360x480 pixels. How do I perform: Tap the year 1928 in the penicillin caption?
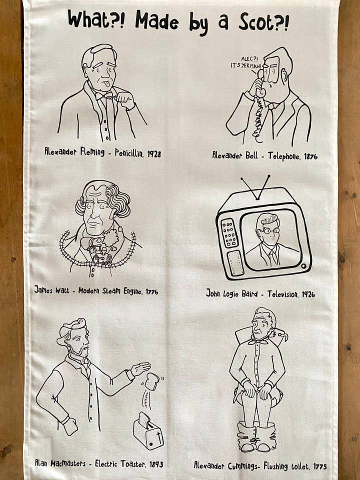[x=154, y=153]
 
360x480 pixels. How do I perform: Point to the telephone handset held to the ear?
[x=260, y=82]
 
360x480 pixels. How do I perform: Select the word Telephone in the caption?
[x=283, y=156]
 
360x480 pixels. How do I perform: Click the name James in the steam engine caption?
[x=43, y=289]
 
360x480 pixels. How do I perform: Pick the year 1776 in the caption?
[x=152, y=291]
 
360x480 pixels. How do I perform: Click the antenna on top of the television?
[x=255, y=187]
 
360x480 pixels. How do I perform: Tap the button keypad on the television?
[x=229, y=233]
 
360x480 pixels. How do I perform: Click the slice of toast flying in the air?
[x=152, y=381]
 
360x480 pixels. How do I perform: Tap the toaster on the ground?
[x=148, y=430]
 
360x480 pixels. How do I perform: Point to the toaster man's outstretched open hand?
[x=141, y=368]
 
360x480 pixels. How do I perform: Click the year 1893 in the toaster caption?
[x=156, y=464]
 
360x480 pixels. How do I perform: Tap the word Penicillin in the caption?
[x=129, y=153]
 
